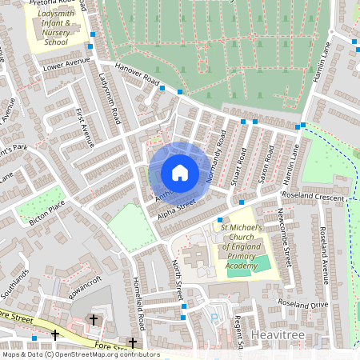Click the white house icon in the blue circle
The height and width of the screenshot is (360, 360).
point(180,172)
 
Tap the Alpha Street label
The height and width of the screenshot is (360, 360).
point(176,210)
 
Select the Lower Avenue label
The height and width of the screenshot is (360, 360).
point(66,62)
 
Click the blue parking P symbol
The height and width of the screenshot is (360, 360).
point(213,318)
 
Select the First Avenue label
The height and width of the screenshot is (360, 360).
point(84,128)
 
